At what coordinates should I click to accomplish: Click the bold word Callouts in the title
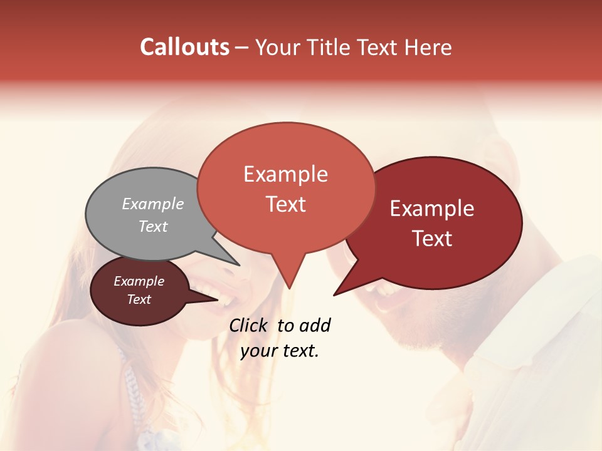coord(184,47)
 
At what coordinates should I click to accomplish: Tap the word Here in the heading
coord(426,48)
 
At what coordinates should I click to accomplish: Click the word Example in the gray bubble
coord(152,204)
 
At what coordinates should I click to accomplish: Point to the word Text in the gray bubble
coord(152,226)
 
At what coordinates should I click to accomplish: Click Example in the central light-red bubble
coord(285,174)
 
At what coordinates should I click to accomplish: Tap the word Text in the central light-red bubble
coord(285,204)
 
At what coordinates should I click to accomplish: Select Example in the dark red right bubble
coord(432,209)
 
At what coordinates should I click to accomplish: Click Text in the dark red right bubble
coord(432,239)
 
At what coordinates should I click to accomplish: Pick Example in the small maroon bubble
coord(139,281)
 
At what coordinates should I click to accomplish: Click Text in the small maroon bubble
coord(139,299)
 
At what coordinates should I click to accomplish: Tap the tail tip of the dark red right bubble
coord(335,294)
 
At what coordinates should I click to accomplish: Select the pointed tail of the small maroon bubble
coord(216,299)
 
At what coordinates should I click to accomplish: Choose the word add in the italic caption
coord(315,325)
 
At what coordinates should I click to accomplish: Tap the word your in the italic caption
coord(258,351)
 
